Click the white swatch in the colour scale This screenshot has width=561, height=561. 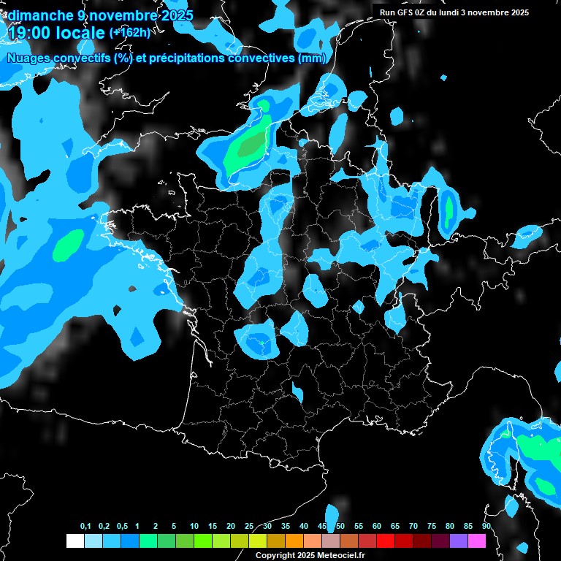click(75, 541)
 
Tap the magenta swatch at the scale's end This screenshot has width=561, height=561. click(477, 541)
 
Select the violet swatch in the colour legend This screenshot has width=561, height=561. click(459, 541)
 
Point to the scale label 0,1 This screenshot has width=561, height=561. click(85, 527)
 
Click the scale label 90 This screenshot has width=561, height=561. click(486, 527)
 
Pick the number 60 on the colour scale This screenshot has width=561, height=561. click(377, 527)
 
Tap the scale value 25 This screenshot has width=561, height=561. click(249, 527)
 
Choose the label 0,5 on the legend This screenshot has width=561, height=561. click(122, 527)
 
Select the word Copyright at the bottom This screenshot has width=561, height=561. click(274, 556)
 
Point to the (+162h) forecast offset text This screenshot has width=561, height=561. click(130, 33)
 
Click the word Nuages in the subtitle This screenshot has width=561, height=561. click(28, 58)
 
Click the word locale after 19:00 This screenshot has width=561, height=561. click(81, 33)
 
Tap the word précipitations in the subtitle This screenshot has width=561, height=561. click(185, 58)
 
